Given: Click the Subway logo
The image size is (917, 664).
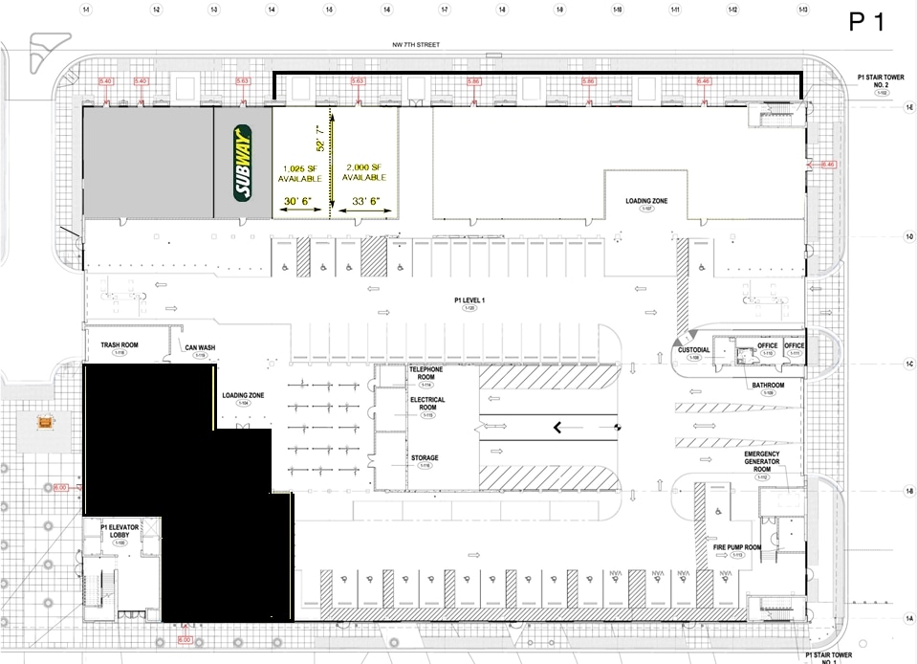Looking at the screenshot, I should pos(242,163).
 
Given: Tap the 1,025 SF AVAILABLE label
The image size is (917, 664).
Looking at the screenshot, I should pos(300,172).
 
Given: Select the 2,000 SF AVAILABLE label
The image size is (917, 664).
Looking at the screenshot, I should pos(364,172).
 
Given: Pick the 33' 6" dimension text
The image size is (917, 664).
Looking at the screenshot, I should pos(365,201).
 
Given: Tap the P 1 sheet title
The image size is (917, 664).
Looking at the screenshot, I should pos(867,23).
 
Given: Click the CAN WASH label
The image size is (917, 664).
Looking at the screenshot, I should pos(200,347).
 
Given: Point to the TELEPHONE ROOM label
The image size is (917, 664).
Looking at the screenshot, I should pos(426,373).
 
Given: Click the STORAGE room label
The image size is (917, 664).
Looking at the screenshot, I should pos(425,458).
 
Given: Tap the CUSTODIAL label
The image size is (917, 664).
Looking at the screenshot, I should pos(694,350).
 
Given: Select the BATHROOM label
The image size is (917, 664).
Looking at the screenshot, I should pos(767,385).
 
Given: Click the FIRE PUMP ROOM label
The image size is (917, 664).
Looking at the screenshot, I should pos(735,548).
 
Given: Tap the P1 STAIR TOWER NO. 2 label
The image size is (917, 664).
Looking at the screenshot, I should pos(881,80).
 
